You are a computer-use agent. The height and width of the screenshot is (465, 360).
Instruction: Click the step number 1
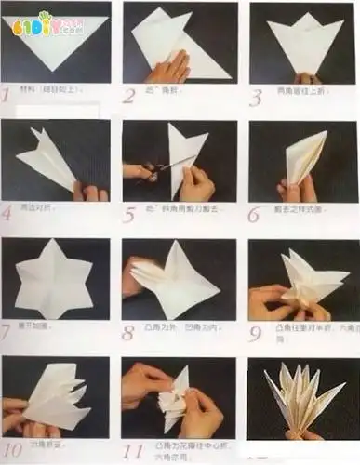pyautogui.click(x=7, y=94)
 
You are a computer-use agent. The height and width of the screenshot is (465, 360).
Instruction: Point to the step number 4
pyautogui.click(x=7, y=213)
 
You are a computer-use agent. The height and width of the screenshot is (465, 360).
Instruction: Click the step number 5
pyautogui.click(x=130, y=213)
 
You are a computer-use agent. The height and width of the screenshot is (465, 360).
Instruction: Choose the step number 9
pyautogui.click(x=254, y=331)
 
